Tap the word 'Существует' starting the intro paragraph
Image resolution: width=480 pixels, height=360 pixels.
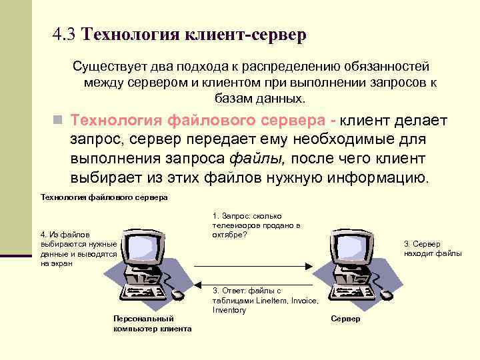pyautogui.click(x=109, y=67)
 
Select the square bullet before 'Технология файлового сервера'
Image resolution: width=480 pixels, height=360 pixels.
pyautogui.click(x=58, y=121)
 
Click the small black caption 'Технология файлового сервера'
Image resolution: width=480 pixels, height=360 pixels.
pyautogui.click(x=104, y=197)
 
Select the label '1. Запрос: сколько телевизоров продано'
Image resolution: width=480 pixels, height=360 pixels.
pyautogui.click(x=256, y=225)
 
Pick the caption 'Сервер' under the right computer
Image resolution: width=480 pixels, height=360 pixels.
pyautogui.click(x=345, y=319)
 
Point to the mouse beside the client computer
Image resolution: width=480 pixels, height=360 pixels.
pyautogui.click(x=177, y=294)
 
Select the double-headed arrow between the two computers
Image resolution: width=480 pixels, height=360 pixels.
pyautogui.click(x=250, y=265)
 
